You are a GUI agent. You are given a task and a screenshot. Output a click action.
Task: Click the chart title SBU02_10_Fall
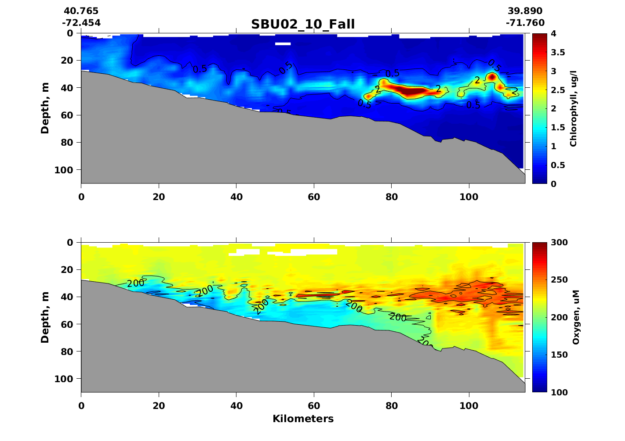303,24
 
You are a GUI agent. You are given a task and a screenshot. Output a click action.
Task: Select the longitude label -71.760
525,23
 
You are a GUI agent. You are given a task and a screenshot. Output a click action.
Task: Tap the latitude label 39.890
525,11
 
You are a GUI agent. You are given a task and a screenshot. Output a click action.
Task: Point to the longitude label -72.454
81,23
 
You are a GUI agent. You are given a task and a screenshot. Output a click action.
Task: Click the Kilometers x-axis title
303,419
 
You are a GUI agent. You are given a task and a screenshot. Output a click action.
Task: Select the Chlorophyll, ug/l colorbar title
573,108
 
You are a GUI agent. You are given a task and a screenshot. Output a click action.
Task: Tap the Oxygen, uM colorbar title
576,317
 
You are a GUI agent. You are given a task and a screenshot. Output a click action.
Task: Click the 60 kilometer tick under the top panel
314,197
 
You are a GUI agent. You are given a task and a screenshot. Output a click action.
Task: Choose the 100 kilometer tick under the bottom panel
469,406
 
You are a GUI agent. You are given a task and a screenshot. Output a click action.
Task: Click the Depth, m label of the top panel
45,108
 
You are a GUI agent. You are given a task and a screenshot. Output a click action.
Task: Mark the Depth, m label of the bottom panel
45,317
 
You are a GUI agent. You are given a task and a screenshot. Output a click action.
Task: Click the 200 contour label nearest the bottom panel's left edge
135,283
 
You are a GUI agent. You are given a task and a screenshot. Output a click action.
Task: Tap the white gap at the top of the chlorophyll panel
283,44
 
